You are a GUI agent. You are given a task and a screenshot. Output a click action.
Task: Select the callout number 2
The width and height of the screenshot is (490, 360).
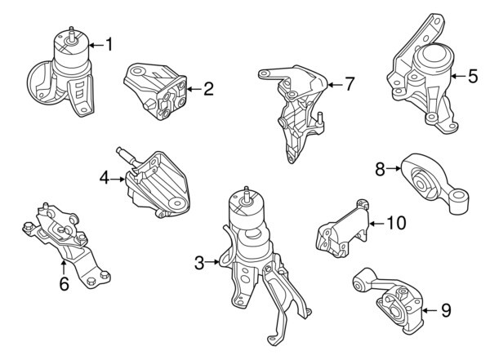click(x=208, y=88)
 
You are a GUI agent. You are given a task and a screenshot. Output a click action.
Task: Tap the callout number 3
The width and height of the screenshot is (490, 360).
click(x=198, y=262)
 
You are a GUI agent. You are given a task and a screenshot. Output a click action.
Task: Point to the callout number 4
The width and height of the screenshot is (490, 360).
click(x=105, y=176)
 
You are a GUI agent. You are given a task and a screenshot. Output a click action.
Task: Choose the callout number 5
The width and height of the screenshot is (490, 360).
click(x=472, y=77)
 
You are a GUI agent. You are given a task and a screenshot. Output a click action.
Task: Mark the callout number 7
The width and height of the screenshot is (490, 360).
click(x=349, y=83)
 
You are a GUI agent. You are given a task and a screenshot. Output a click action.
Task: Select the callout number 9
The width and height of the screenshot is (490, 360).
click(x=445, y=309)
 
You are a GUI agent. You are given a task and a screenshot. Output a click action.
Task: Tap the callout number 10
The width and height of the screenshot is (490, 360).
click(x=395, y=221)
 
